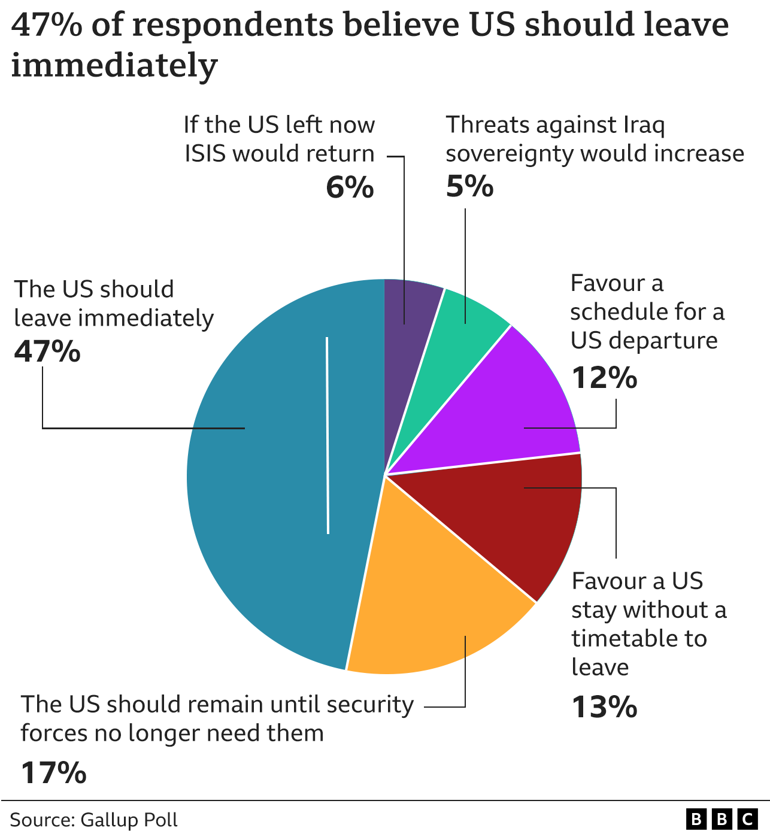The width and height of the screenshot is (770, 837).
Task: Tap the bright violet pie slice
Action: click(515, 407)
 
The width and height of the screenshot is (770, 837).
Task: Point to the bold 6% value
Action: click(350, 187)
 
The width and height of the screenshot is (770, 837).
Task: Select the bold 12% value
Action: click(604, 378)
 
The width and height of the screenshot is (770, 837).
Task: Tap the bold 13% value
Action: click(604, 706)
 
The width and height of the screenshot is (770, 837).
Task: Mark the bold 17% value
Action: click(53, 772)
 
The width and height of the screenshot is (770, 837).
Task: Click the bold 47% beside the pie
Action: click(47, 351)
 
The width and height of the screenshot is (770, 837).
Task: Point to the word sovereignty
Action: click(509, 154)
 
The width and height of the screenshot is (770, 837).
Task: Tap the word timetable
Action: click(639, 638)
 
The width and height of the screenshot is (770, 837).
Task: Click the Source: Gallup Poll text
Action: click(93, 820)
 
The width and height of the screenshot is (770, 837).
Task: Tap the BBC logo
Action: click(722, 819)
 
